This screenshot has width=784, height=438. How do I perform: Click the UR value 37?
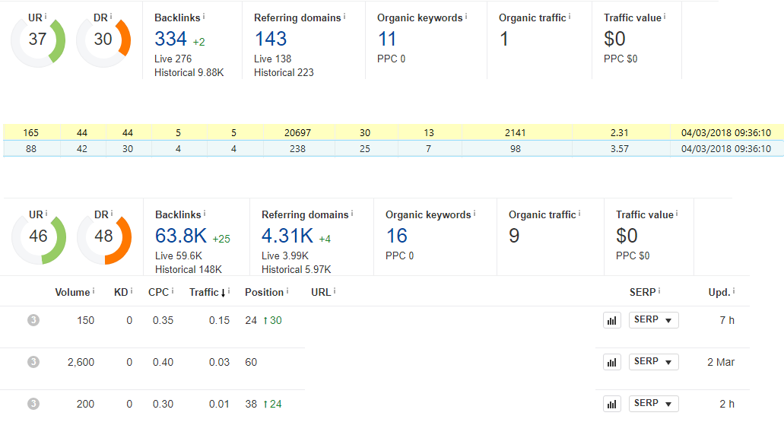click(37, 39)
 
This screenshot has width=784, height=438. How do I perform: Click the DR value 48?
click(103, 236)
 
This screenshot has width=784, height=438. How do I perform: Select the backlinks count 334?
click(170, 39)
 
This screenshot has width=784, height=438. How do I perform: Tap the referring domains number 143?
click(271, 39)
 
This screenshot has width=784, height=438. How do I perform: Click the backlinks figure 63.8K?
click(181, 236)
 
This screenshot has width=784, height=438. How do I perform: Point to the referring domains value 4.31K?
click(287, 236)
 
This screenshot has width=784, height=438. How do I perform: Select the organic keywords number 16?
click(396, 236)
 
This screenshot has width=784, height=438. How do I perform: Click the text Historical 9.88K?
click(189, 72)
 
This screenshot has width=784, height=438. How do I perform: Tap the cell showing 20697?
click(297, 132)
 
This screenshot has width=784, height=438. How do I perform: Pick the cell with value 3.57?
click(620, 148)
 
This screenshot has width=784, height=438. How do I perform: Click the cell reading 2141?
click(515, 132)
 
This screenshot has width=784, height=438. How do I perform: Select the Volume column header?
click(72, 292)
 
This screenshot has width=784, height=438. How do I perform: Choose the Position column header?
click(264, 292)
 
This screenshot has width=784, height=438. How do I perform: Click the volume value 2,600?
click(81, 362)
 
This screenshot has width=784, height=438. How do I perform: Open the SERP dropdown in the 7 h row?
click(653, 320)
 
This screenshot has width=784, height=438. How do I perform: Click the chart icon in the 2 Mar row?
click(612, 363)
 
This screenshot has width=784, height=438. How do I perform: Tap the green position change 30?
click(276, 320)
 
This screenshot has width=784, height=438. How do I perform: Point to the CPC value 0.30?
click(163, 404)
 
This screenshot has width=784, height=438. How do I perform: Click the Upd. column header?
click(719, 292)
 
